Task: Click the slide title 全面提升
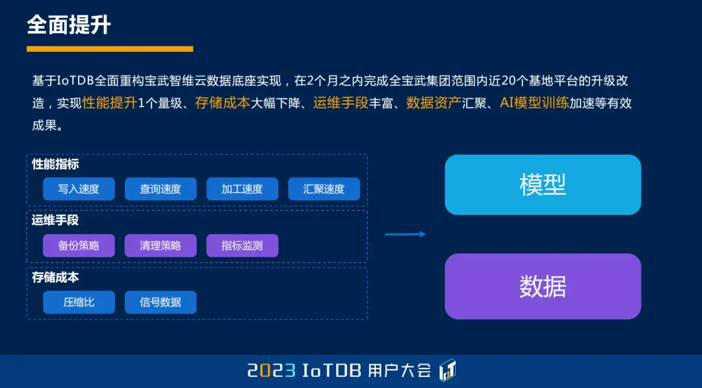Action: click(69, 25)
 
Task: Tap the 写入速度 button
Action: click(79, 189)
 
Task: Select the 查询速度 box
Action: click(161, 189)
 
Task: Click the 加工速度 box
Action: click(242, 189)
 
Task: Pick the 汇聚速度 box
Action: click(324, 189)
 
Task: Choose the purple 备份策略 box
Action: click(79, 246)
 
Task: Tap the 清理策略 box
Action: click(161, 246)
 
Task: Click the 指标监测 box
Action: click(242, 246)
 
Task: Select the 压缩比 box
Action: click(79, 302)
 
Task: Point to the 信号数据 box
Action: click(161, 302)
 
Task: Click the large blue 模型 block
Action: click(543, 185)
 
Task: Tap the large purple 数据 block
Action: click(543, 287)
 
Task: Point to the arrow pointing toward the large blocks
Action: click(406, 234)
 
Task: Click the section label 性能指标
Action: click(55, 164)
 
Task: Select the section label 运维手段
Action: click(55, 220)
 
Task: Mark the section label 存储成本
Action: click(55, 278)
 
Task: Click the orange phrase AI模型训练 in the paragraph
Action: click(534, 103)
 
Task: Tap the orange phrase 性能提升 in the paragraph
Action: click(110, 103)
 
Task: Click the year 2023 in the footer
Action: click(272, 371)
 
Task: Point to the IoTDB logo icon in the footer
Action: click(448, 370)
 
